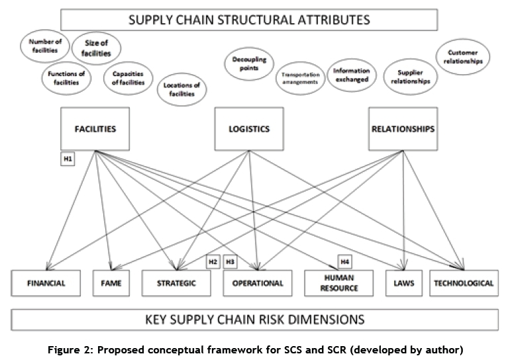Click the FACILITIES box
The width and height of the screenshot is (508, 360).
95,128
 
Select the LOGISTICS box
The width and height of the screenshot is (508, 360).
250,128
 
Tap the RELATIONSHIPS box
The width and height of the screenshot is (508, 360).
403,128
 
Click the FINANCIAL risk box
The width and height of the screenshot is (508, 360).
46,283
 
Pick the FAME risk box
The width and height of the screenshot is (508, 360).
110,283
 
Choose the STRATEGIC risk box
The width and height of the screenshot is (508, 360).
177,283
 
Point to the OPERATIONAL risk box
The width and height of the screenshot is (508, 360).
258,283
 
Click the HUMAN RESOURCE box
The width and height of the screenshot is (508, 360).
341,283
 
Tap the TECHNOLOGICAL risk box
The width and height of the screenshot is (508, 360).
464,283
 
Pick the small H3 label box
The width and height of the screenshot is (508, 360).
230,261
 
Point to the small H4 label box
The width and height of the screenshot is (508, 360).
345,261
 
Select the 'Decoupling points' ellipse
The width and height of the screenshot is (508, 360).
249,64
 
